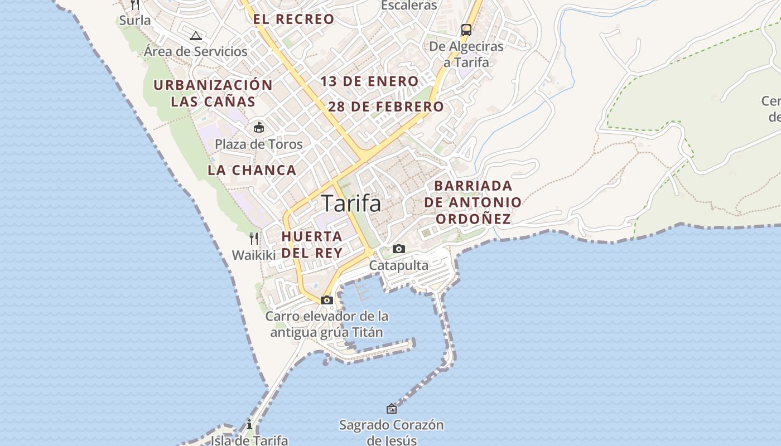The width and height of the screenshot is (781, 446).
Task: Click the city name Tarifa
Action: (351, 203)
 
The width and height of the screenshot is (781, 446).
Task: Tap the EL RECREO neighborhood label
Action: (293, 19)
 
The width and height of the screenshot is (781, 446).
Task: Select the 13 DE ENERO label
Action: (369, 81)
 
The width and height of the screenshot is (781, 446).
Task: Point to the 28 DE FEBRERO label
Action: (386, 106)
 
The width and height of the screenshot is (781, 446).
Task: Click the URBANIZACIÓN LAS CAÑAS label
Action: (213, 93)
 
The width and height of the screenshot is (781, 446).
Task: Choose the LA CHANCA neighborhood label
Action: (252, 170)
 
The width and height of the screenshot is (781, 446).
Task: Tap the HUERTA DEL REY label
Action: (312, 244)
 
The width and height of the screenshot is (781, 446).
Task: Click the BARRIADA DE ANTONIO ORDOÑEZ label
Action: (473, 202)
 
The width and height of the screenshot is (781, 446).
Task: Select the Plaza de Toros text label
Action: (259, 144)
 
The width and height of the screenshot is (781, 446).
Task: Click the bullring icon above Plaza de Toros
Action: (258, 128)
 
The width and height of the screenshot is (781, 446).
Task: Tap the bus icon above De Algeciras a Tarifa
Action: (466, 30)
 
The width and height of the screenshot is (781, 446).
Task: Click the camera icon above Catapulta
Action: (398, 249)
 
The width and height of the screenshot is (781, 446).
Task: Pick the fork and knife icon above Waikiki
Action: (254, 239)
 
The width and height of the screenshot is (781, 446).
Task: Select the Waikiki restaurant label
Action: (254, 255)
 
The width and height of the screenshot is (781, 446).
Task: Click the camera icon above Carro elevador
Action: (327, 300)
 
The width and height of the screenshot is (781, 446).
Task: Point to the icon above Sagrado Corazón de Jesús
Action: (392, 409)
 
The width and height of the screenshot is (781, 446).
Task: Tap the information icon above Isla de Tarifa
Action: (249, 424)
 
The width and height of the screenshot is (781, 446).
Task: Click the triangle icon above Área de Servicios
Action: (195, 36)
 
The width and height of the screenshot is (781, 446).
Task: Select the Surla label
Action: (135, 20)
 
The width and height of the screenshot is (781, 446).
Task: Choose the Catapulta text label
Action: (398, 265)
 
